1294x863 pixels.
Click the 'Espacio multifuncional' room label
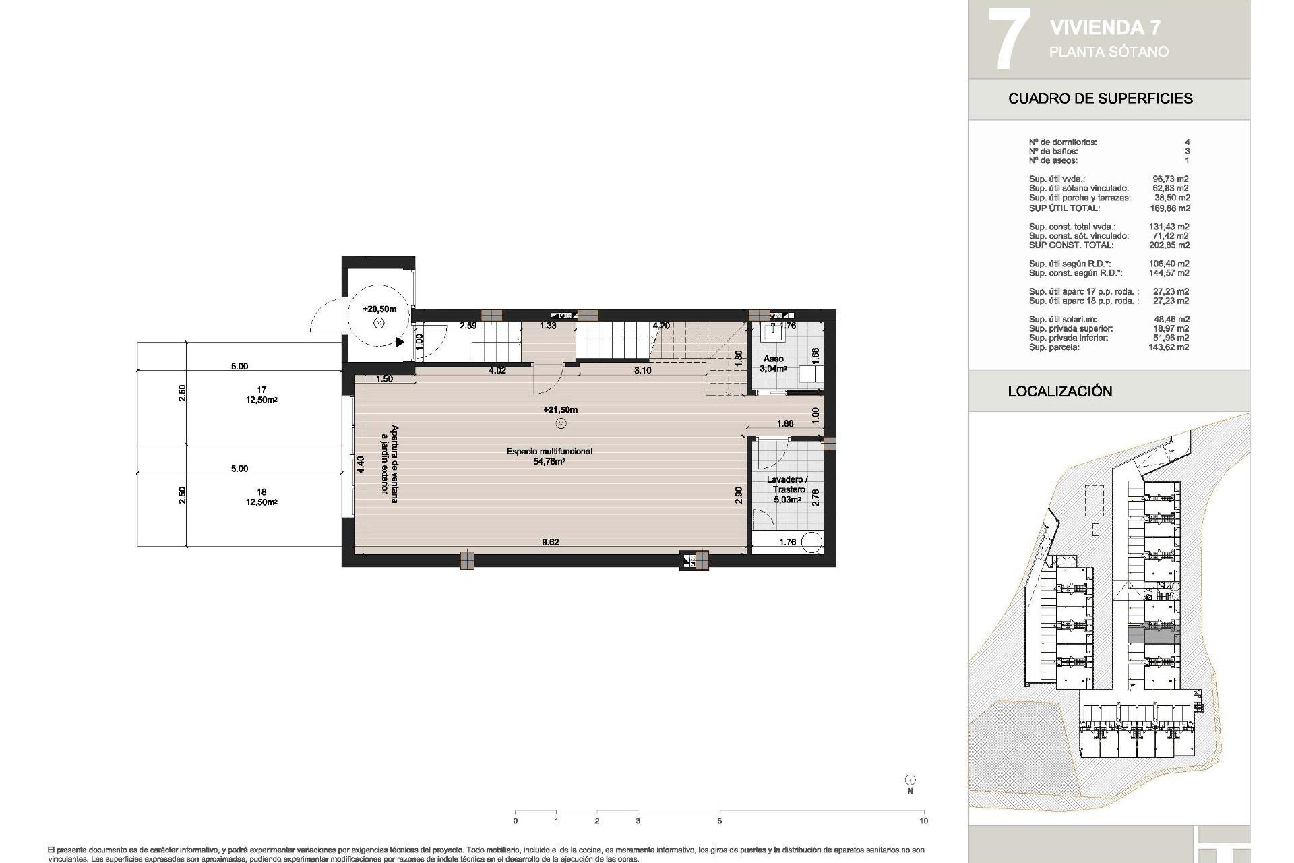pos(549,451)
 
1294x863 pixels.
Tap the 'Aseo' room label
pos(773,359)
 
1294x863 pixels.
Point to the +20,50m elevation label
pos(379,309)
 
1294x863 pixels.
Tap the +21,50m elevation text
pos(560,409)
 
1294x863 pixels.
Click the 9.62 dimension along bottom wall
pos(550,542)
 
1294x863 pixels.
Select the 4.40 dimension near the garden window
pos(361,465)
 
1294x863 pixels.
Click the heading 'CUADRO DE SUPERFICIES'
pos(1100,98)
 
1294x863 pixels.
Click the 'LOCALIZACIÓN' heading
pos(1059,392)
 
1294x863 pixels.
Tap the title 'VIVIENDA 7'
pos(1105,28)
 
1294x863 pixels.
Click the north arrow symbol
pos(910,780)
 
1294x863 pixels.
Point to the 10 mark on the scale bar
pos(923,821)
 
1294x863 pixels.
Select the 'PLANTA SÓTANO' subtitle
pos(1109,52)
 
